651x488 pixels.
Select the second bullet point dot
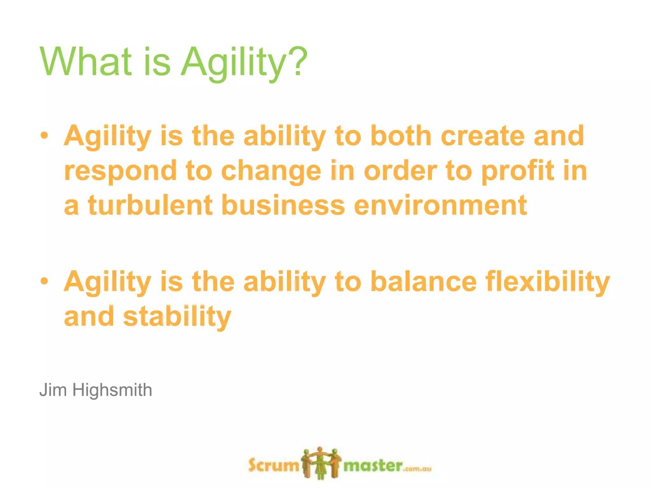[45, 281]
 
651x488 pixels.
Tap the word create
[482, 136]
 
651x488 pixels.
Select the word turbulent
[150, 206]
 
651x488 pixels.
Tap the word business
[283, 206]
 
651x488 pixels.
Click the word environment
[441, 206]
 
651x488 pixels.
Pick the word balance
[424, 281]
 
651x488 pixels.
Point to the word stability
[177, 317]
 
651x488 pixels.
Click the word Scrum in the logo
[273, 466]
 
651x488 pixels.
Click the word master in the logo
[373, 466]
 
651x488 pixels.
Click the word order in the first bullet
[401, 171]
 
